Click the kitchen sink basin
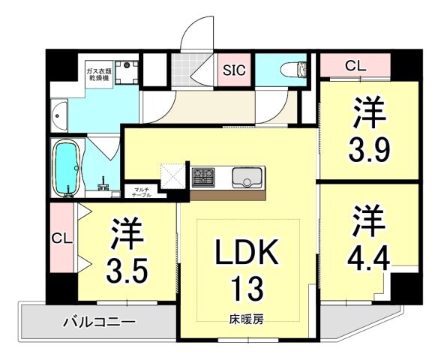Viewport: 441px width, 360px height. [x=246, y=178]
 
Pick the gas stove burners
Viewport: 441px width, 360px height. [x=203, y=178]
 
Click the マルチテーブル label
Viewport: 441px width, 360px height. [x=140, y=191]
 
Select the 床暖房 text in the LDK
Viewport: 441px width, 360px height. [x=245, y=319]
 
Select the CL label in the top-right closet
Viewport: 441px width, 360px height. [x=355, y=67]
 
